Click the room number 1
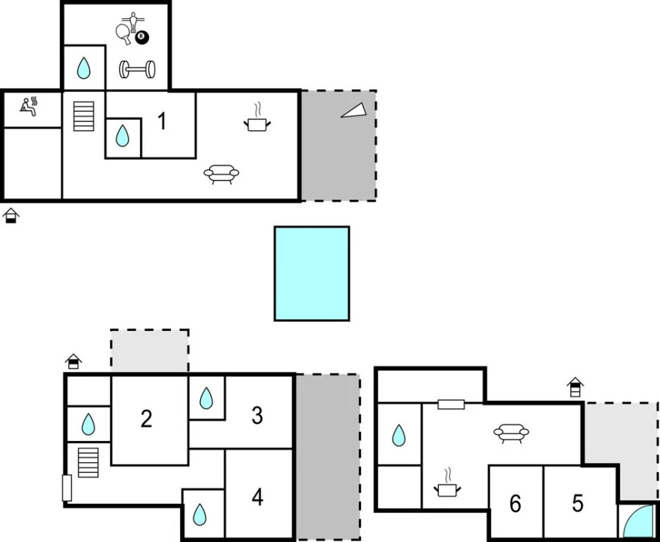coord(162,121)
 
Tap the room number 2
coord(146,418)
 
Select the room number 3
coord(257,416)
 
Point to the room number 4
coord(257,497)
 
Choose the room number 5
coord(578,503)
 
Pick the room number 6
coord(515,503)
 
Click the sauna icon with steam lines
coord(29,107)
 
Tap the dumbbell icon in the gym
coord(136,69)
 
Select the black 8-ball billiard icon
coord(141,37)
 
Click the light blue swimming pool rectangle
coord(312,273)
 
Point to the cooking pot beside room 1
coord(257,123)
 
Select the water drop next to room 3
coord(206,398)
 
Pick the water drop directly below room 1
coord(123,136)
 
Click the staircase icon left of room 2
coord(88,462)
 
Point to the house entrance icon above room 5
coord(575,387)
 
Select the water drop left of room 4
coord(200,514)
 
